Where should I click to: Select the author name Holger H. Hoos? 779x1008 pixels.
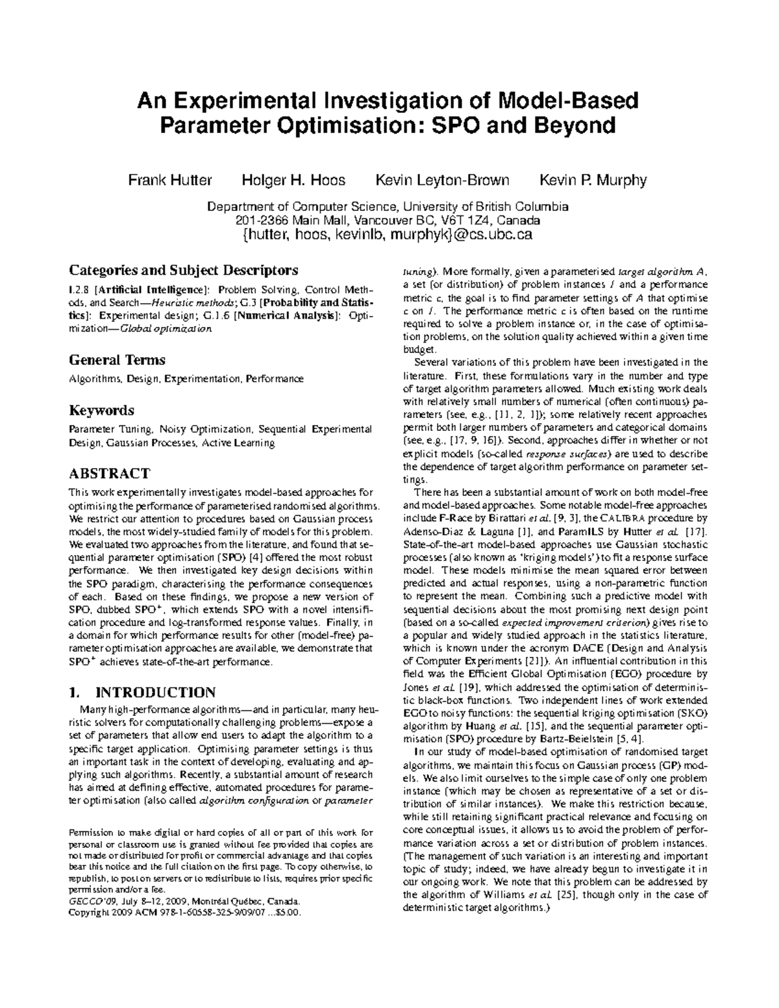pyautogui.click(x=293, y=180)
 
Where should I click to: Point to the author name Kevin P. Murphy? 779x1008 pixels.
pyautogui.click(x=593, y=180)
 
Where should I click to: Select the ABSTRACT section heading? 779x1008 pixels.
pyautogui.click(x=110, y=473)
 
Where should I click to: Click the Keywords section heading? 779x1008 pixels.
pyautogui.click(x=101, y=410)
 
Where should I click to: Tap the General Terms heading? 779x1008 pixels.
pyautogui.click(x=117, y=360)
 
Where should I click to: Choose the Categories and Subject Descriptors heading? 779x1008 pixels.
pyautogui.click(x=184, y=269)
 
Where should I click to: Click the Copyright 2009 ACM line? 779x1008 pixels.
pyautogui.click(x=185, y=912)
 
